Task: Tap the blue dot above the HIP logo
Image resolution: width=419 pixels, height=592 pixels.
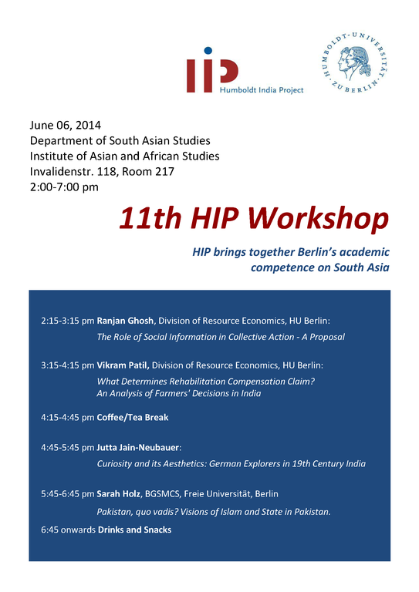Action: tap(208, 51)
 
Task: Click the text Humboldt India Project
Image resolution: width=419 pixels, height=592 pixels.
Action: tap(262, 90)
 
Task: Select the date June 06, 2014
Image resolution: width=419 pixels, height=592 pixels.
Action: tap(66, 125)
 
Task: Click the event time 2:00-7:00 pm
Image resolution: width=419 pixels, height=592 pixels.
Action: tap(64, 187)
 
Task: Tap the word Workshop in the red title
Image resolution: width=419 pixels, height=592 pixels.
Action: tap(319, 218)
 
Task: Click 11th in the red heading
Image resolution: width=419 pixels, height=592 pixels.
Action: tap(150, 218)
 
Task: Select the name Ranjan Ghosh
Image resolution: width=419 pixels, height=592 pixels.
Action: tap(125, 321)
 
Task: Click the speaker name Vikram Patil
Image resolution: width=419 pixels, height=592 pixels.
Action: tap(123, 365)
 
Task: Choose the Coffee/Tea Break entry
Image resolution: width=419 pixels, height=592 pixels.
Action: tap(133, 417)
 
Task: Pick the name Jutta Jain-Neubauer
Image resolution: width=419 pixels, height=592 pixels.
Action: tap(138, 447)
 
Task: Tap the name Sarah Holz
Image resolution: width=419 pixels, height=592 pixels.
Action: tap(118, 493)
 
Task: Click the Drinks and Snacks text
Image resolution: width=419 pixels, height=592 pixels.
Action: tap(134, 530)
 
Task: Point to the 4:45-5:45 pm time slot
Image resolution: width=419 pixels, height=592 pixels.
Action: tap(68, 447)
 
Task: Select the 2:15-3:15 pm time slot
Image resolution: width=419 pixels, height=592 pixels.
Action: tap(68, 321)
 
